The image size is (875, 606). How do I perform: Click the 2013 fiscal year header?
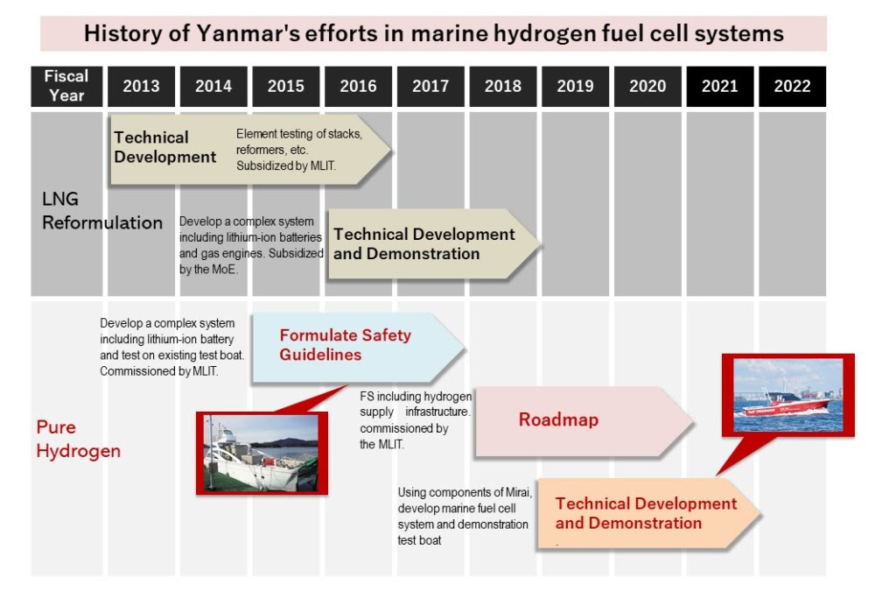(141, 86)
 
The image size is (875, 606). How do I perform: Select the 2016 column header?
(358, 86)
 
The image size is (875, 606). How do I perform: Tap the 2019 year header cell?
(575, 86)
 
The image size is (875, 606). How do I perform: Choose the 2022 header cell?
(792, 86)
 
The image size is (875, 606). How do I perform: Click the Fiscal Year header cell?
(66, 86)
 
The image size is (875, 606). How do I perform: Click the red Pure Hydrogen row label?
(78, 439)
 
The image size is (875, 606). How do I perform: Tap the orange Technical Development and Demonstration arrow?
(646, 513)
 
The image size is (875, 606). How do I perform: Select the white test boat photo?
(261, 453)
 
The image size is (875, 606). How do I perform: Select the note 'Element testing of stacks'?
(298, 133)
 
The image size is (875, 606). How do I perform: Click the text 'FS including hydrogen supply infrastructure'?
(416, 404)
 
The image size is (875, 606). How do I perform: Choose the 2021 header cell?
(719, 86)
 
